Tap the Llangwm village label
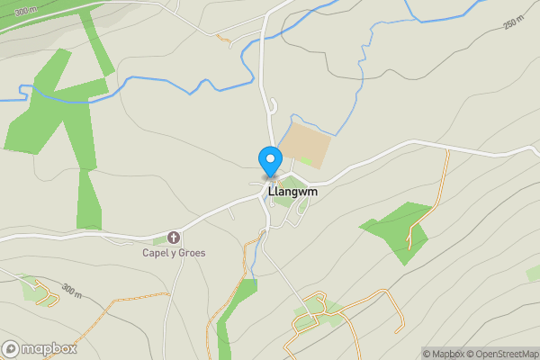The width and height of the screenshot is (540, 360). pyautogui.click(x=292, y=192)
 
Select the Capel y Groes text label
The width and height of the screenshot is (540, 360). pyautogui.click(x=174, y=253)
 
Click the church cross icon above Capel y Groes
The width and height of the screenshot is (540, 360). pyautogui.click(x=174, y=238)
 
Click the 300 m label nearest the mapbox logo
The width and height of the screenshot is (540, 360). pyautogui.click(x=72, y=290)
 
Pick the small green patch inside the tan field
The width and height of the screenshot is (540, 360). pyautogui.click(x=307, y=162)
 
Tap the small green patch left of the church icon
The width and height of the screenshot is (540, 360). pyautogui.click(x=159, y=239)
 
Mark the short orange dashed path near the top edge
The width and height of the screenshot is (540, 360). pyautogui.click(x=223, y=38)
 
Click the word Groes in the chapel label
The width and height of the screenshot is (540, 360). pyautogui.click(x=190, y=253)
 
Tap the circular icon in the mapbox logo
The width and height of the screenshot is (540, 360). pyautogui.click(x=12, y=348)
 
